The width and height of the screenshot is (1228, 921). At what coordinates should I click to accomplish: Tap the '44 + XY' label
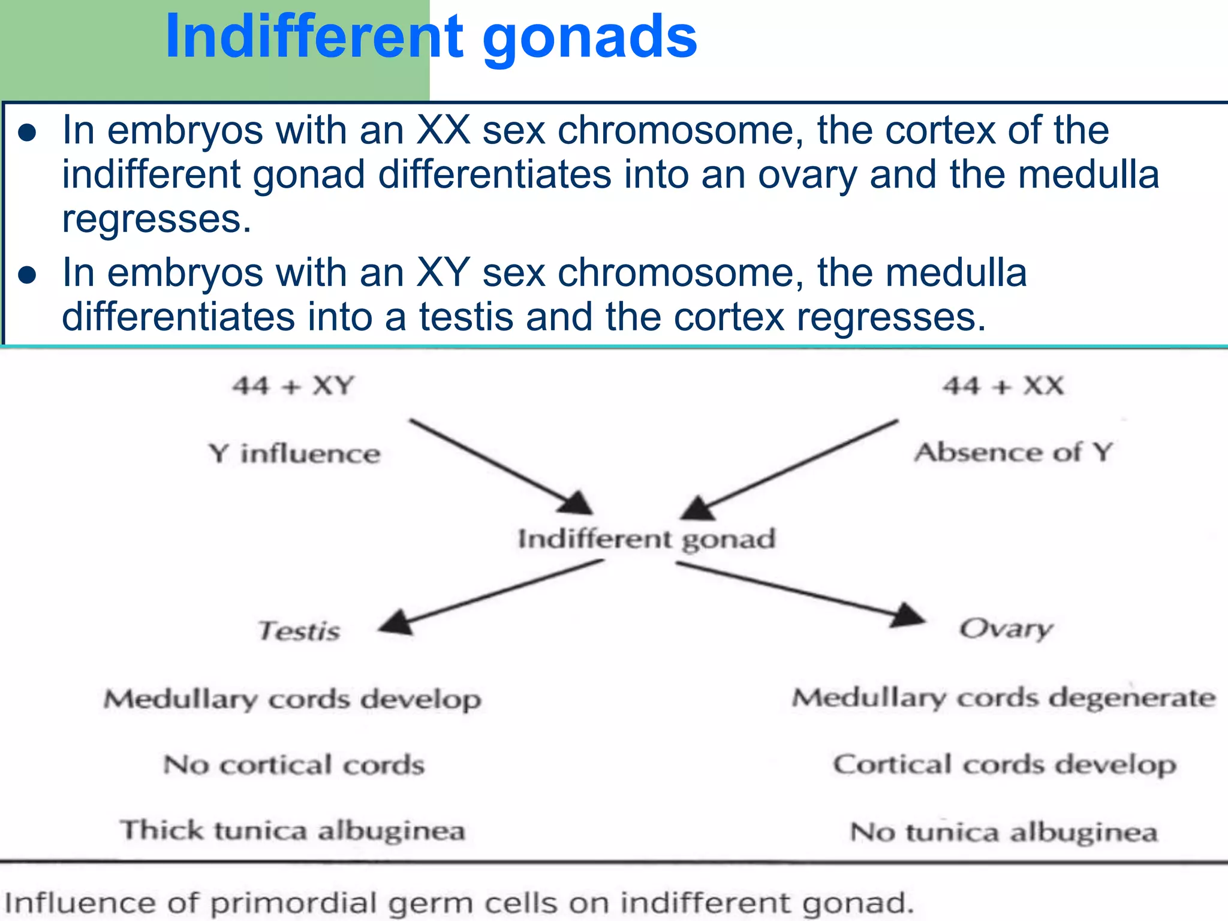click(x=294, y=386)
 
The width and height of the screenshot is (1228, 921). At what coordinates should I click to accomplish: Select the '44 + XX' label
click(x=1003, y=386)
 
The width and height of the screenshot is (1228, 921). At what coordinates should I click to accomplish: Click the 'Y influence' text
click(x=294, y=453)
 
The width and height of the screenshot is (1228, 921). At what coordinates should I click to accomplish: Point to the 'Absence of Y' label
click(x=1013, y=452)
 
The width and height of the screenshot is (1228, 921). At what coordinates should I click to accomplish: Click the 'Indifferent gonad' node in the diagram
click(x=646, y=538)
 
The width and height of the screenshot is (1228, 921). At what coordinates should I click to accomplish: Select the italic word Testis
click(x=299, y=631)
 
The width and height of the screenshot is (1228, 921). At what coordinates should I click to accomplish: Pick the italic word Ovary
click(x=1006, y=629)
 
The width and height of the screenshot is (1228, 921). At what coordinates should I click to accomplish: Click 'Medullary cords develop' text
click(x=292, y=699)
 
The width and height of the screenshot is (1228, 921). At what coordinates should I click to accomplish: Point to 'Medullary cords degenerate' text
click(x=1003, y=698)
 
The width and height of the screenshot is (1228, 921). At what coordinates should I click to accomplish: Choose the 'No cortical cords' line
click(x=294, y=765)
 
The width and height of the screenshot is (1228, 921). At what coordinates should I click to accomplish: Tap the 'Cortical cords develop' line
click(x=1004, y=765)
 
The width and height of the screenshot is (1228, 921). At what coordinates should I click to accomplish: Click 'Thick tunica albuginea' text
click(x=293, y=830)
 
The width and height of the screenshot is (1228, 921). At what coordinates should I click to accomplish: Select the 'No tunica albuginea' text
click(x=1004, y=832)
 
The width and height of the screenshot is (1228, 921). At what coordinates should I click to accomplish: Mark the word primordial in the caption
click(x=296, y=903)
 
